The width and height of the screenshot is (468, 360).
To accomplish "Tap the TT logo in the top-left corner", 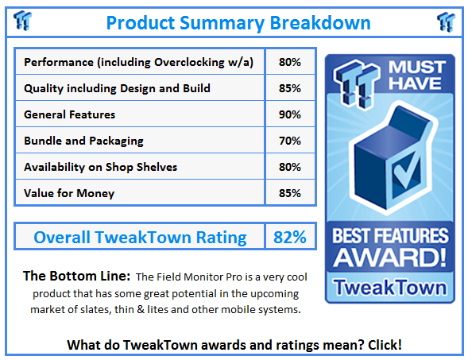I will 25,21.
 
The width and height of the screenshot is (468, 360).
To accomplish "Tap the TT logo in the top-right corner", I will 446,21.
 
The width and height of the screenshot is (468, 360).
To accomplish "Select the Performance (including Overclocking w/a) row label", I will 139,62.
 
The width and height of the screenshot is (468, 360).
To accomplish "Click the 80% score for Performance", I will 290,62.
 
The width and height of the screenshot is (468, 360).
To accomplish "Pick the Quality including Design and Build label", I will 117,88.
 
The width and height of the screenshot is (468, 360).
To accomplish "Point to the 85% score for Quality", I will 290,88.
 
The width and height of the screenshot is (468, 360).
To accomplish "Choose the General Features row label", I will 70,114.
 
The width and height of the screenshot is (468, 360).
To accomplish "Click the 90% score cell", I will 290,114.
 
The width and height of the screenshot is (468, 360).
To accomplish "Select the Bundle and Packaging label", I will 83,141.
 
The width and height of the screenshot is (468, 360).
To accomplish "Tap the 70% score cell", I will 290,141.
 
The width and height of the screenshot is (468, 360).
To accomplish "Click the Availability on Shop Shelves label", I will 100,167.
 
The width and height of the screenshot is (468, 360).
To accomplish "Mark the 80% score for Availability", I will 290,167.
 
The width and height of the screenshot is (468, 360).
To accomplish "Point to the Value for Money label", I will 69,193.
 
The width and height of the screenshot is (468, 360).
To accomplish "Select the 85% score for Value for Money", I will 290,193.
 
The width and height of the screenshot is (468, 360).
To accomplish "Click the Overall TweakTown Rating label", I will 140,237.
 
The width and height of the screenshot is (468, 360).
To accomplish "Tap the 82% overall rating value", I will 290,237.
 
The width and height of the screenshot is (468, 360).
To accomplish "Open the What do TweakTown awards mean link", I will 234,344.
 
